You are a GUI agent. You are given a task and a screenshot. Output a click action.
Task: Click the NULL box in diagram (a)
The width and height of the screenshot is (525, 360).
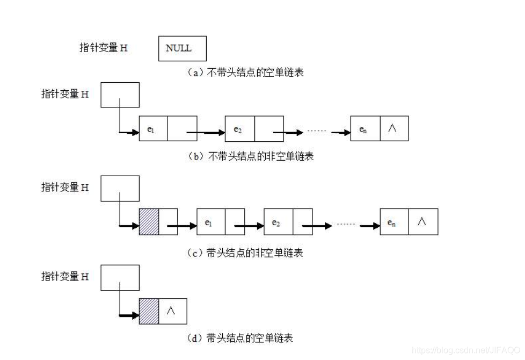183,48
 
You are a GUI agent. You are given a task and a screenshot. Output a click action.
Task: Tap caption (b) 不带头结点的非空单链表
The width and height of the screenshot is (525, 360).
250,156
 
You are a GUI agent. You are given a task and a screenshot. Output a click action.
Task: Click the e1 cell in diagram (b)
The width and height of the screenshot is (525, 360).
153,128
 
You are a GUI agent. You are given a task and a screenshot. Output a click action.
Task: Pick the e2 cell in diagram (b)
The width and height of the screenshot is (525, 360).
239,128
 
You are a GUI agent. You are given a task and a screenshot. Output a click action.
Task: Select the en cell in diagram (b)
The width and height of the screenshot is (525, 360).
365,128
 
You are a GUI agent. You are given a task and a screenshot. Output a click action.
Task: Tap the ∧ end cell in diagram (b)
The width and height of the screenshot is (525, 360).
395,128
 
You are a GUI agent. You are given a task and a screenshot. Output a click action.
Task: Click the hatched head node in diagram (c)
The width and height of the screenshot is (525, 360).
149,222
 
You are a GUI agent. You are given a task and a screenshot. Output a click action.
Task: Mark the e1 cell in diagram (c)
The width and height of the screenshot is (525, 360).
210,222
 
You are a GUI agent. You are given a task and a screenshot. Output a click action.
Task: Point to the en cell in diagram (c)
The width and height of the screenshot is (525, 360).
393,222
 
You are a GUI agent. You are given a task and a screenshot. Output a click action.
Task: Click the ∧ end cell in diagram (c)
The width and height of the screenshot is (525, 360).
423,222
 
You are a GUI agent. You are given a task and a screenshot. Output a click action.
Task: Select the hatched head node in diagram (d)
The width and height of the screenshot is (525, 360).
149,311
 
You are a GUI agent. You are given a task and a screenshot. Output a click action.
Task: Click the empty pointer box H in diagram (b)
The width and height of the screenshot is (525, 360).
120,95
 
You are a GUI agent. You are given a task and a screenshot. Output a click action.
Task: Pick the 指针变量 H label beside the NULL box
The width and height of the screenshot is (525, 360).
104,48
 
